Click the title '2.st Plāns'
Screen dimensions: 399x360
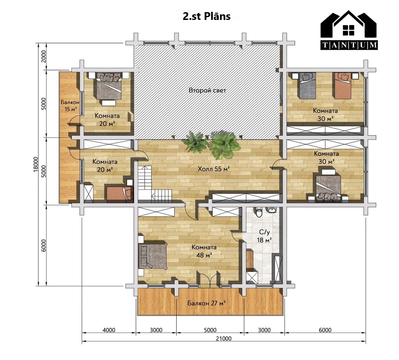pos(207,16)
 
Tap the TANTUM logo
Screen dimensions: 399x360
pos(349,30)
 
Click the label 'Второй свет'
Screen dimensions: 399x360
pos(208,90)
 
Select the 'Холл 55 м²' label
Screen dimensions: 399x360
pos(214,169)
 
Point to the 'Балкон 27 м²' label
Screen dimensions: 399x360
pos(206,303)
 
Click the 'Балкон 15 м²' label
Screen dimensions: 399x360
pos(70,106)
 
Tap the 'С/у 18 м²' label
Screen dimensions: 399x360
pos(264,236)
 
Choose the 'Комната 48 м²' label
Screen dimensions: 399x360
pos(204,251)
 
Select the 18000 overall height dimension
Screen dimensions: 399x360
pos(36,164)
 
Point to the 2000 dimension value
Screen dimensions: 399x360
pos(44,56)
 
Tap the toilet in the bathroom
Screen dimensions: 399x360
pos(259,212)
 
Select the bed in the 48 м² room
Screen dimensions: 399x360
pos(153,256)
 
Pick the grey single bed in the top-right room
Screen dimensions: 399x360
pos(308,85)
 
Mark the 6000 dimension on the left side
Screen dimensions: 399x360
pos(44,245)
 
